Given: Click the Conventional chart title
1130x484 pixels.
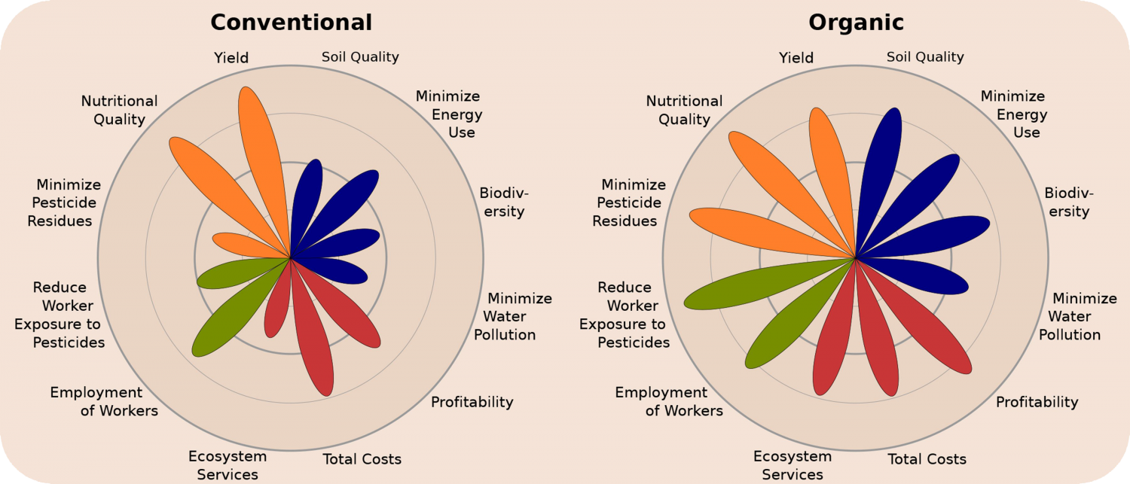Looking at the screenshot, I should [291, 23].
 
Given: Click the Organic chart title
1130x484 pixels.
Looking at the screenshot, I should [856, 23].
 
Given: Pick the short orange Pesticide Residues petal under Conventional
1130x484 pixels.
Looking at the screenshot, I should [241, 245].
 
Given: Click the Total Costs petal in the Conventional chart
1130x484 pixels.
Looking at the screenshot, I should [313, 339].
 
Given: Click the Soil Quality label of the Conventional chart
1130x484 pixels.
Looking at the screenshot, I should [360, 57].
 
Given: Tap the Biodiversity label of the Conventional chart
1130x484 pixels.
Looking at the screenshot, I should [502, 202].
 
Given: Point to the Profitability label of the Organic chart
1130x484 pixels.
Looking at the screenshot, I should [1037, 402].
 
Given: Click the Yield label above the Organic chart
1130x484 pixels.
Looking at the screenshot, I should [796, 58].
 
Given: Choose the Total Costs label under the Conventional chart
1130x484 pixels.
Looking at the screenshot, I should [362, 459].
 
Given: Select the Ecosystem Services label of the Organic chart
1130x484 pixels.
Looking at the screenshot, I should [793, 465].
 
